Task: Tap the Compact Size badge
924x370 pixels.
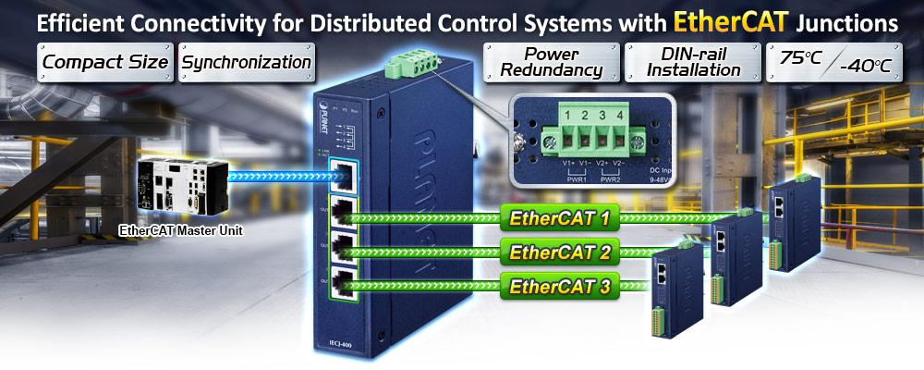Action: [x=105, y=63]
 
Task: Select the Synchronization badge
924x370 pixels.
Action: [x=246, y=63]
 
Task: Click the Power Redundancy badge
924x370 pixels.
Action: [x=551, y=63]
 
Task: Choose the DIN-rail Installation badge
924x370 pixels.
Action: [x=693, y=63]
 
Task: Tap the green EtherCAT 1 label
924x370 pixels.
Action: [x=559, y=219]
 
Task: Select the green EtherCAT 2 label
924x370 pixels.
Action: [x=559, y=252]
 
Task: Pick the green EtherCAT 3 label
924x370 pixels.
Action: [x=559, y=286]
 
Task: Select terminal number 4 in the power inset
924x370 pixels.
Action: [x=620, y=116]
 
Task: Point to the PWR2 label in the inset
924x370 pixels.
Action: [x=610, y=179]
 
